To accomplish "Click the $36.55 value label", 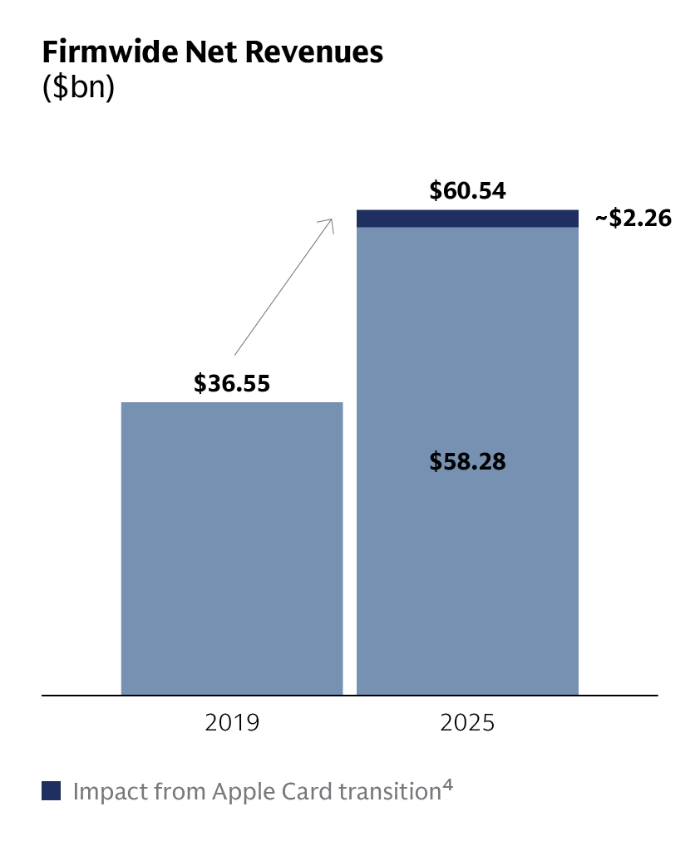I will pos(232,383).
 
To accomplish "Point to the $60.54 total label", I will pos(467,191).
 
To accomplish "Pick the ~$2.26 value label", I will pos(633,219).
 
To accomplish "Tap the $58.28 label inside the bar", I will pos(467,462).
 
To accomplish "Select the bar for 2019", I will pos(232,548).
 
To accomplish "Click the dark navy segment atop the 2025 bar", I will pos(467,218).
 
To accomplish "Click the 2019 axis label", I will pos(232,722).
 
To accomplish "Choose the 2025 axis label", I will pos(467,722).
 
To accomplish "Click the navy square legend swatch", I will pos(52,791).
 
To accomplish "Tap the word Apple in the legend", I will pos(244,791).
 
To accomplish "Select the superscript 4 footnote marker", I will pos(447,785).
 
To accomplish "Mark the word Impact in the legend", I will pos(106,791).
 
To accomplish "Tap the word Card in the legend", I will pos(308,791).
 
